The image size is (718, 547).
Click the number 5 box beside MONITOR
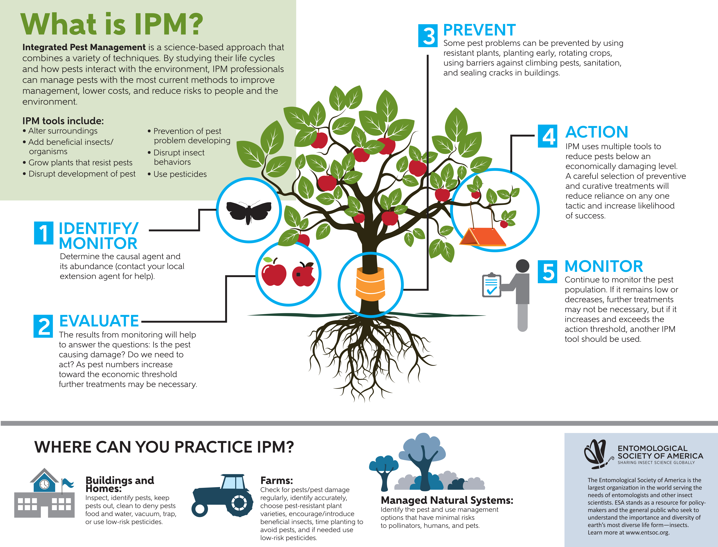click(547, 272)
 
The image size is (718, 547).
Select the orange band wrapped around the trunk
click(370, 283)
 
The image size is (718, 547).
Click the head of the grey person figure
click(522, 266)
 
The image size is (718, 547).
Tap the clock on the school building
click(44, 484)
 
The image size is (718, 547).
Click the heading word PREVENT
click(479, 30)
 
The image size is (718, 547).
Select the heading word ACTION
click(597, 132)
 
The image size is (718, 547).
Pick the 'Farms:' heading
click(276, 481)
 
